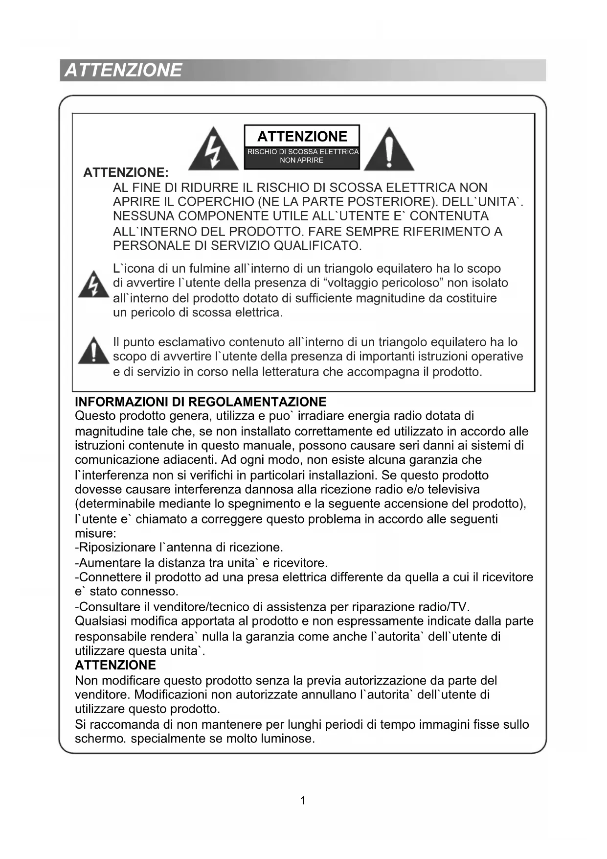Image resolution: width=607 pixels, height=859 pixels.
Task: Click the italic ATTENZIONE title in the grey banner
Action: coord(123,71)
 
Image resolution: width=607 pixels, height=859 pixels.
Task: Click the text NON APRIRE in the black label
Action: coord(301,160)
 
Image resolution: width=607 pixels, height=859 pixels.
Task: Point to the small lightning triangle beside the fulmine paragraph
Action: coord(93,285)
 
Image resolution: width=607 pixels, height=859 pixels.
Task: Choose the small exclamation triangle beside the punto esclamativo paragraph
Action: coord(93,351)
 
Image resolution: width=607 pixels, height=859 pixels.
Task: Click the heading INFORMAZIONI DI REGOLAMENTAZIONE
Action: coord(201,402)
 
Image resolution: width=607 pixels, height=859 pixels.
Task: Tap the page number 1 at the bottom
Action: coord(303,800)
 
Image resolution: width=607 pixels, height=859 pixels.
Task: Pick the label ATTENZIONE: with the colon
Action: coord(126,172)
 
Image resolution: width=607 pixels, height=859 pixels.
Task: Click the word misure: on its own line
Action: coord(95,533)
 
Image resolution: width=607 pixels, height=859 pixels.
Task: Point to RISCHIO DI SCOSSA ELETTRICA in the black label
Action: coord(303,152)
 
